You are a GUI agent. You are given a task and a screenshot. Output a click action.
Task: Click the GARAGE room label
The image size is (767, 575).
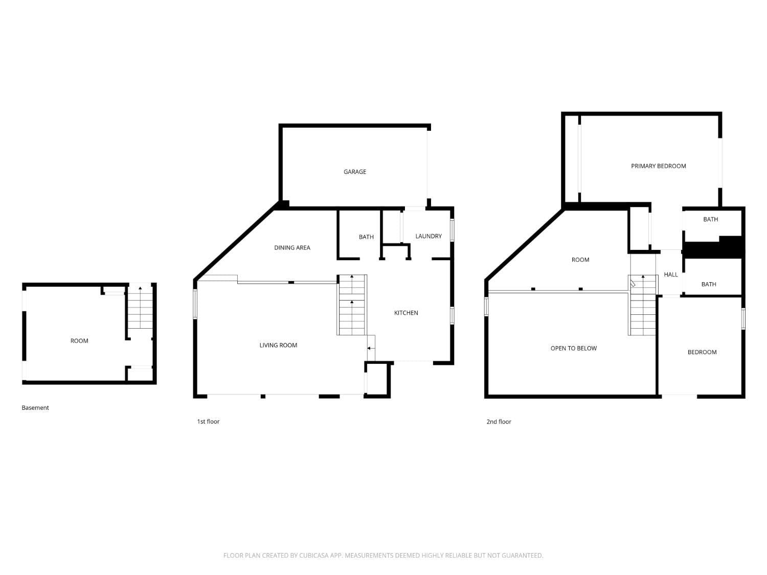coord(355,172)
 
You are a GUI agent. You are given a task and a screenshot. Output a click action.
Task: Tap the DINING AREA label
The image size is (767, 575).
coord(292,247)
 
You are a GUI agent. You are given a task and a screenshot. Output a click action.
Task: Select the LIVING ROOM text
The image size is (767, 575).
coord(278,345)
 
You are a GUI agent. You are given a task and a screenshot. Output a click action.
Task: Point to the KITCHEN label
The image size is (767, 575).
coord(406,313)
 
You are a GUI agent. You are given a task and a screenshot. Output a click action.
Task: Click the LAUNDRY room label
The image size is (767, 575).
coord(428,236)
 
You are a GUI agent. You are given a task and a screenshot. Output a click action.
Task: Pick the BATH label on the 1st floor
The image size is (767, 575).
coord(366,237)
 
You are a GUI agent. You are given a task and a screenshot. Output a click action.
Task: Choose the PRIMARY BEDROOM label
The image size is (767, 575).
coord(658,166)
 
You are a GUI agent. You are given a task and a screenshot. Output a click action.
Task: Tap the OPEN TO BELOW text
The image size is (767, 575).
coord(573,348)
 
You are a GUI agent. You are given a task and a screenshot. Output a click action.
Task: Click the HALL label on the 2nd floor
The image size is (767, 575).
coord(670,274)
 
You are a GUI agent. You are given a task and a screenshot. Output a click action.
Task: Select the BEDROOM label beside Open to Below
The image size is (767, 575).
coord(702,352)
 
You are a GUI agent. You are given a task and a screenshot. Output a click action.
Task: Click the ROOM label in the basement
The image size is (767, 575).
coord(79,341)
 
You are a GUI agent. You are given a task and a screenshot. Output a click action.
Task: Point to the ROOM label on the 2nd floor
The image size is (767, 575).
coord(580,260)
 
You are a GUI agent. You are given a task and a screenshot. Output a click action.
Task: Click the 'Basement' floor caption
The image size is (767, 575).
coord(35,408)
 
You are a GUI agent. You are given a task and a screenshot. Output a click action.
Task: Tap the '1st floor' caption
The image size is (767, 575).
coord(208,422)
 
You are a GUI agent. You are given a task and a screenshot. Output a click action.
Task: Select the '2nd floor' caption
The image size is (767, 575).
coord(499,422)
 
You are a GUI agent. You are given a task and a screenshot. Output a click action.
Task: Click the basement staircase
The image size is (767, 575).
coord(140,308)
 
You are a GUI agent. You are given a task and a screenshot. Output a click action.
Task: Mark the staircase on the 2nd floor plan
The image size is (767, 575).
coord(643,307)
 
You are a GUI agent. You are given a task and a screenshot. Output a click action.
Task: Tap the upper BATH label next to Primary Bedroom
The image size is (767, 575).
coord(710,219)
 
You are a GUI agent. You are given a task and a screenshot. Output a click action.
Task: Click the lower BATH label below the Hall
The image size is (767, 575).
coord(709,284)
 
